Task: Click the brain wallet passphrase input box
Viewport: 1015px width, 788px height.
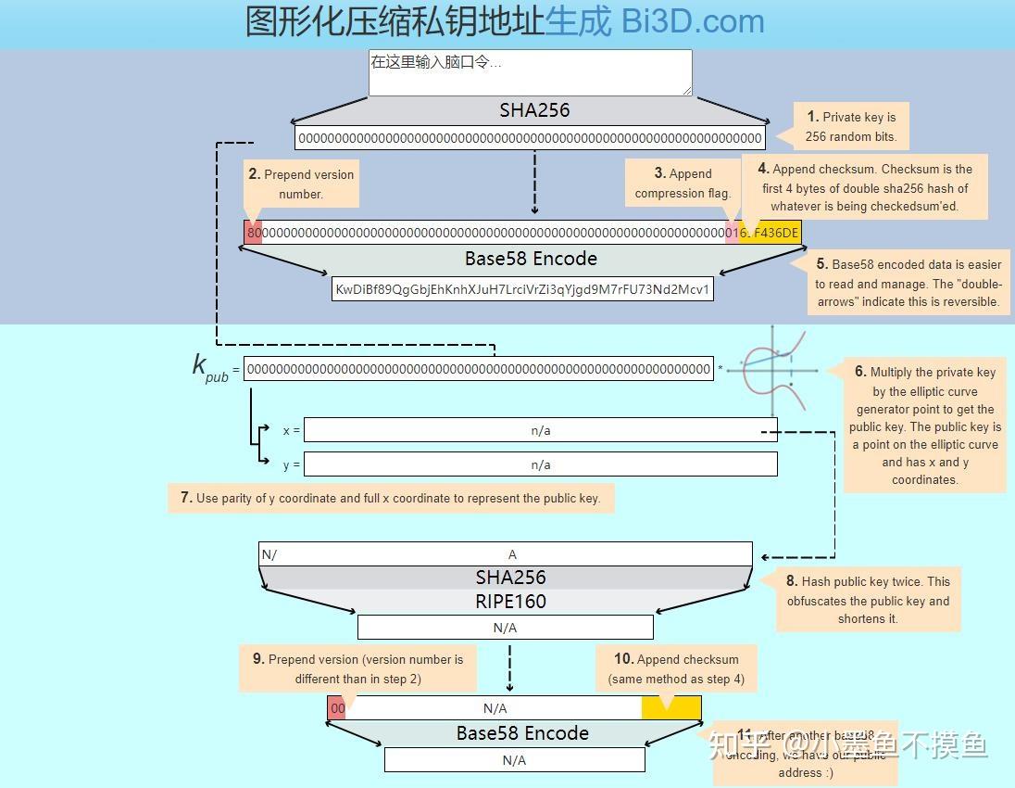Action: pyautogui.click(x=530, y=72)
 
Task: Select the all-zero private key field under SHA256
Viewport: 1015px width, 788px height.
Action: pyautogui.click(x=530, y=138)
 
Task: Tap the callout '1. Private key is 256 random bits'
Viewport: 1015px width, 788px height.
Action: pyautogui.click(x=851, y=127)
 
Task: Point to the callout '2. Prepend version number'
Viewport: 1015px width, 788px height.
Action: pyautogui.click(x=301, y=184)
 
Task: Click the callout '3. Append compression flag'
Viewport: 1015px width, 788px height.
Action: pyautogui.click(x=683, y=183)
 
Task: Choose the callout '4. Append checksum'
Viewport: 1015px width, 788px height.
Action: pyautogui.click(x=864, y=187)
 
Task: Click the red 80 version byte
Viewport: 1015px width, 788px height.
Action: pyautogui.click(x=254, y=233)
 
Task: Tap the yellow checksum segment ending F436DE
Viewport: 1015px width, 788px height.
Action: pyautogui.click(x=772, y=233)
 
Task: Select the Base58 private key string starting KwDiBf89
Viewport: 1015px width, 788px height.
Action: pyautogui.click(x=522, y=289)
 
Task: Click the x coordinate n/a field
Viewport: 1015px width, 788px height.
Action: pyautogui.click(x=540, y=430)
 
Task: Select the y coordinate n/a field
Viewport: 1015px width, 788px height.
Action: pyautogui.click(x=540, y=464)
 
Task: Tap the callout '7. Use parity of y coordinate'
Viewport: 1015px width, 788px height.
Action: pyautogui.click(x=390, y=498)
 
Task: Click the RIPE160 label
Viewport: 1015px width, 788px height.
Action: pyautogui.click(x=510, y=601)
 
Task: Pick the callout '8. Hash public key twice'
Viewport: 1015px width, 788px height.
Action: pyautogui.click(x=868, y=600)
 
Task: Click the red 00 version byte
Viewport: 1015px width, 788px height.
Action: pyautogui.click(x=337, y=708)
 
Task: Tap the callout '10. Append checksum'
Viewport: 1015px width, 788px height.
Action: pyautogui.click(x=676, y=668)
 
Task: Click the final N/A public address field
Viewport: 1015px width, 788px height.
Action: pyautogui.click(x=514, y=760)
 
